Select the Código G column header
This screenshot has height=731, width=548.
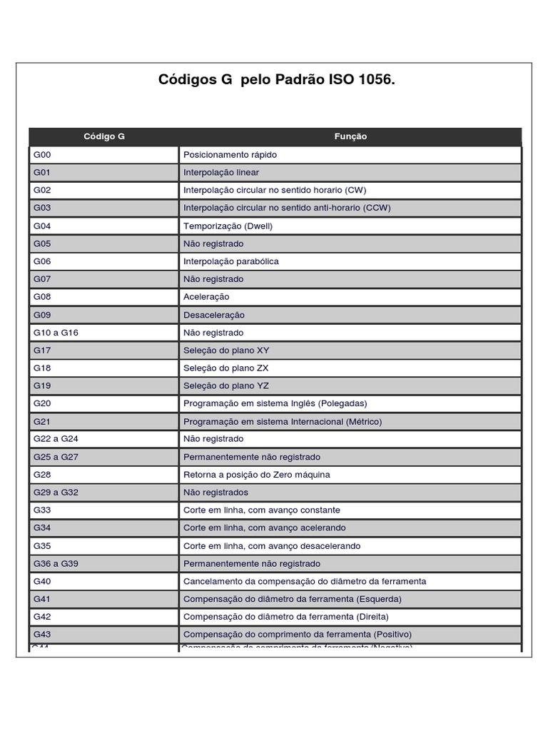pyautogui.click(x=104, y=136)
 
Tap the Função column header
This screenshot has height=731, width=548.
pyautogui.click(x=350, y=136)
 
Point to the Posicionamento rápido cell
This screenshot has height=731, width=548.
pyautogui.click(x=230, y=155)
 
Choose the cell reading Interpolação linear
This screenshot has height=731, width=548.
pyautogui.click(x=221, y=173)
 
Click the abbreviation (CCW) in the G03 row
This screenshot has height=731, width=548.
pyautogui.click(x=377, y=208)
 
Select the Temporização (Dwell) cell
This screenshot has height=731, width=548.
pyautogui.click(x=228, y=226)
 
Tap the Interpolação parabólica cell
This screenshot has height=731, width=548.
pyautogui.click(x=231, y=261)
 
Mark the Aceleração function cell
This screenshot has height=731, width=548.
pyautogui.click(x=206, y=297)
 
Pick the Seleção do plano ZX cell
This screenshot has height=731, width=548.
pyautogui.click(x=226, y=368)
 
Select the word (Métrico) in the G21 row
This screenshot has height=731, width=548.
pyautogui.click(x=364, y=422)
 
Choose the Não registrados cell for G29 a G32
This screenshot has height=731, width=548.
pyautogui.click(x=216, y=493)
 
